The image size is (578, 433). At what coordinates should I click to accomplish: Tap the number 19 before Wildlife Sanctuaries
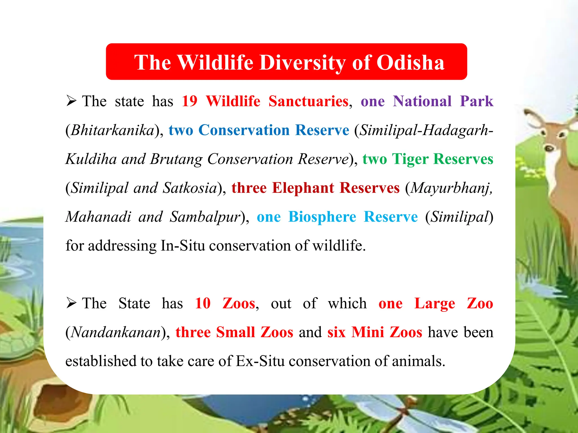(x=189, y=101)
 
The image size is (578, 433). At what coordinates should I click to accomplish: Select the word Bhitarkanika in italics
(x=112, y=130)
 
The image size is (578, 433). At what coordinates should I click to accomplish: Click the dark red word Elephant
(x=303, y=188)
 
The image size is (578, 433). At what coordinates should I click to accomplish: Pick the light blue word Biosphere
(x=322, y=217)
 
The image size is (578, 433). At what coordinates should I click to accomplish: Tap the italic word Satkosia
(x=190, y=188)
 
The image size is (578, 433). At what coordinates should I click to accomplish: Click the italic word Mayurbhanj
(x=451, y=188)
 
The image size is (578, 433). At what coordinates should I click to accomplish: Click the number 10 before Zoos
(x=203, y=304)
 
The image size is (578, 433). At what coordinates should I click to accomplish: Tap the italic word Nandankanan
(x=116, y=333)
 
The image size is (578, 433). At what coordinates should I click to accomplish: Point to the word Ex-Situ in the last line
(x=260, y=361)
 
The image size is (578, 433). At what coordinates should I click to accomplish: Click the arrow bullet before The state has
(x=71, y=101)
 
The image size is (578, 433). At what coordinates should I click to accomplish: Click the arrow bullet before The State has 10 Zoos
(x=71, y=303)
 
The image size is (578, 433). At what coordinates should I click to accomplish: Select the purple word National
(x=422, y=101)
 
